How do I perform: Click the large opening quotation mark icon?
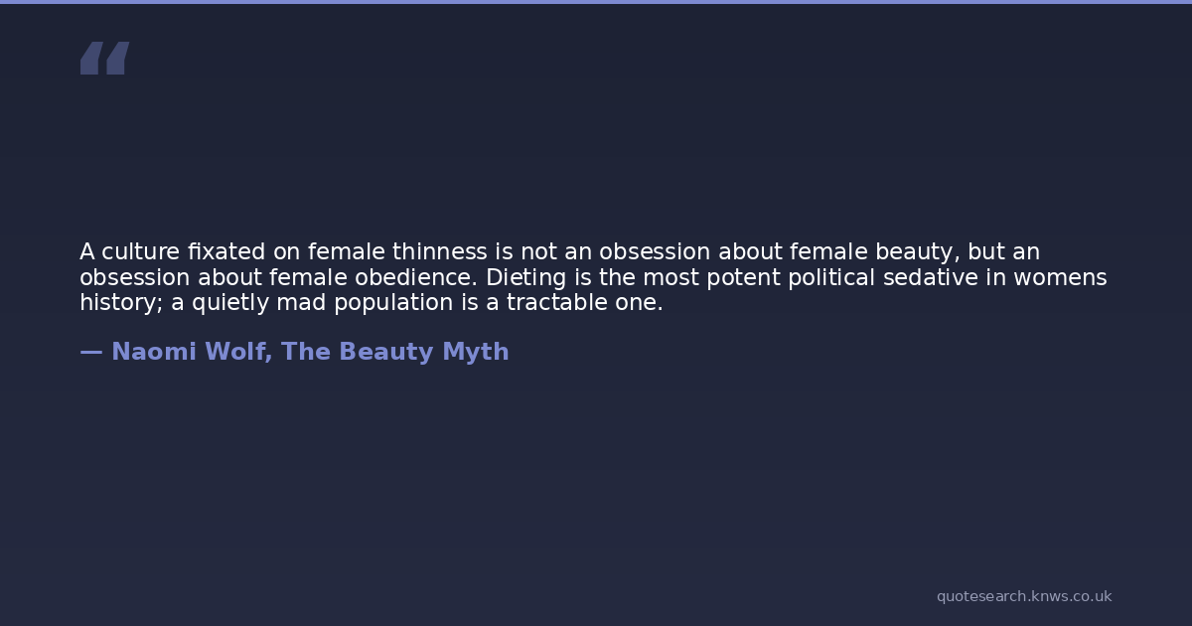tap(105, 58)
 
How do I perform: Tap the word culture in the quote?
tap(140, 251)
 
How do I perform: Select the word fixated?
tap(226, 251)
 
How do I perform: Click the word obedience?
tap(416, 277)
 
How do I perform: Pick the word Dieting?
tap(525, 278)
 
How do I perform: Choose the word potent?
tap(743, 278)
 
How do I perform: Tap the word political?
tap(831, 278)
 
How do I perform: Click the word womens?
tap(1060, 278)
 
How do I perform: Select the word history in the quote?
tap(121, 303)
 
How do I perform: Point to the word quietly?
tap(229, 303)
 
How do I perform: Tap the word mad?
tap(301, 302)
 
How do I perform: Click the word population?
tap(393, 303)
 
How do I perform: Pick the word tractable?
tap(556, 302)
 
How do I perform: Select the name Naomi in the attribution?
tap(154, 352)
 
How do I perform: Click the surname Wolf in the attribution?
tap(238, 352)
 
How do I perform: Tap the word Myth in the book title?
tap(476, 353)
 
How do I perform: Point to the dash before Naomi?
tap(91, 352)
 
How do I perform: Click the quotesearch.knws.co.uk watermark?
tap(1024, 596)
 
